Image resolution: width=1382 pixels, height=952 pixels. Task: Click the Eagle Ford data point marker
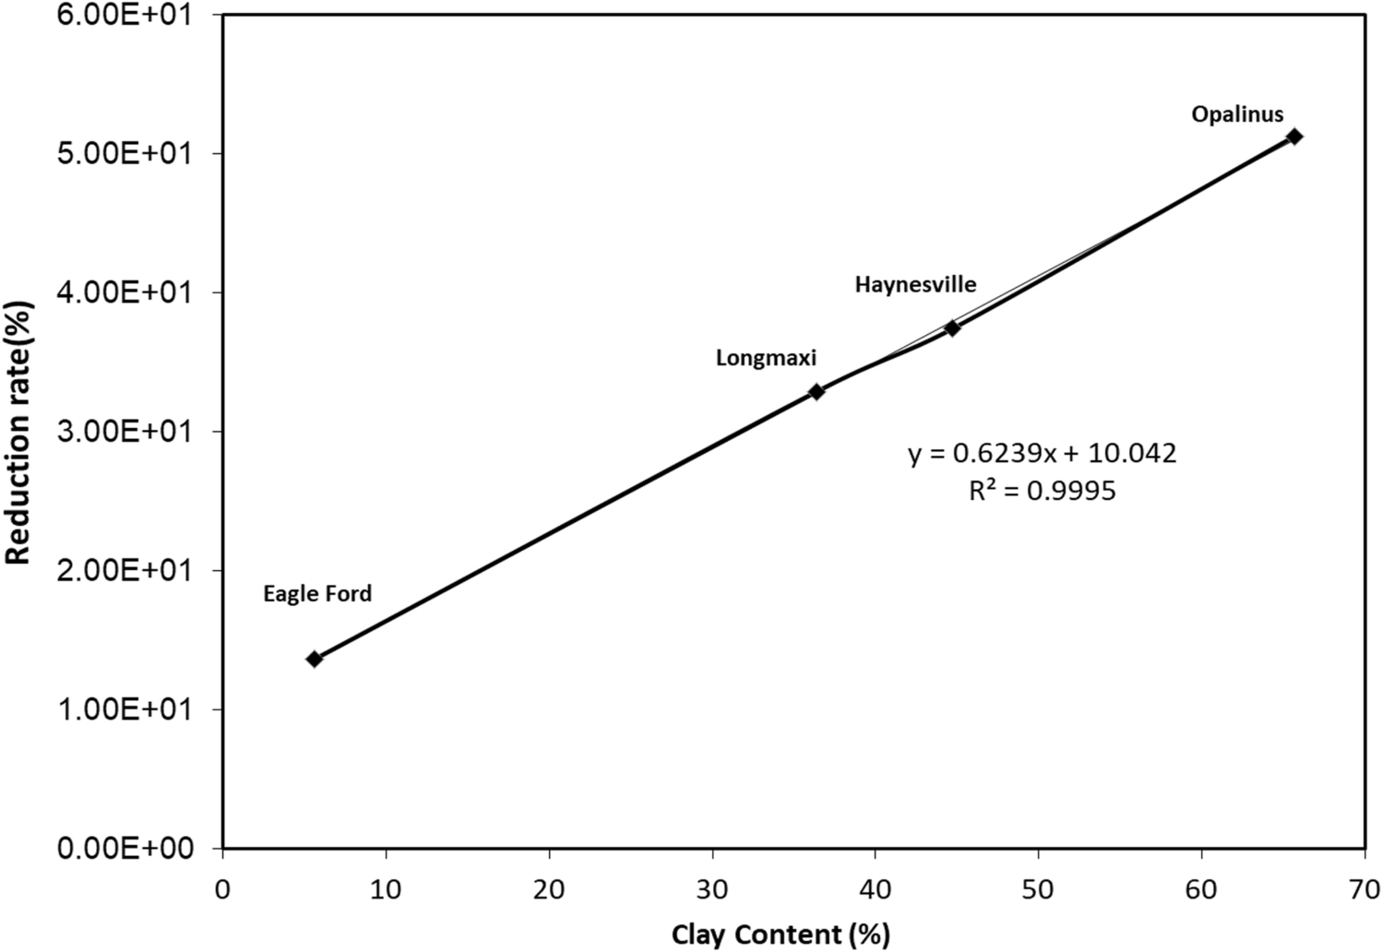314,659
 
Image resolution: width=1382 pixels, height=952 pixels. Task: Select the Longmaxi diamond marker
816,391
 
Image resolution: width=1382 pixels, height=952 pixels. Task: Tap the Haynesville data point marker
952,327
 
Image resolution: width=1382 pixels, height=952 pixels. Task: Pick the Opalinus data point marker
1294,137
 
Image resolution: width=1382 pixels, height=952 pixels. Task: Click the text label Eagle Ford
317,594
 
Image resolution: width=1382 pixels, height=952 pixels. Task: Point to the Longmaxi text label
766,359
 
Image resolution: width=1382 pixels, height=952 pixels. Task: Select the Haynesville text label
915,284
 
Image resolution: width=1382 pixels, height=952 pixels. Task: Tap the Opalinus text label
1237,114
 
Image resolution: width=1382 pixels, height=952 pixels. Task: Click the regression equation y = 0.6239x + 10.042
1042,454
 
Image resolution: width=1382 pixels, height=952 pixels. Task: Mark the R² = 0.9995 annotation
1042,491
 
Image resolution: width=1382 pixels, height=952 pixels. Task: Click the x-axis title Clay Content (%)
780,934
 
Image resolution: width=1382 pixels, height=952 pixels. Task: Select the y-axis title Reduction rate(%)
19,433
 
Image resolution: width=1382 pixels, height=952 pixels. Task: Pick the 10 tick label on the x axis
386,889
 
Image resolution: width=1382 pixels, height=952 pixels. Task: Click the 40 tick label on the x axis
875,889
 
